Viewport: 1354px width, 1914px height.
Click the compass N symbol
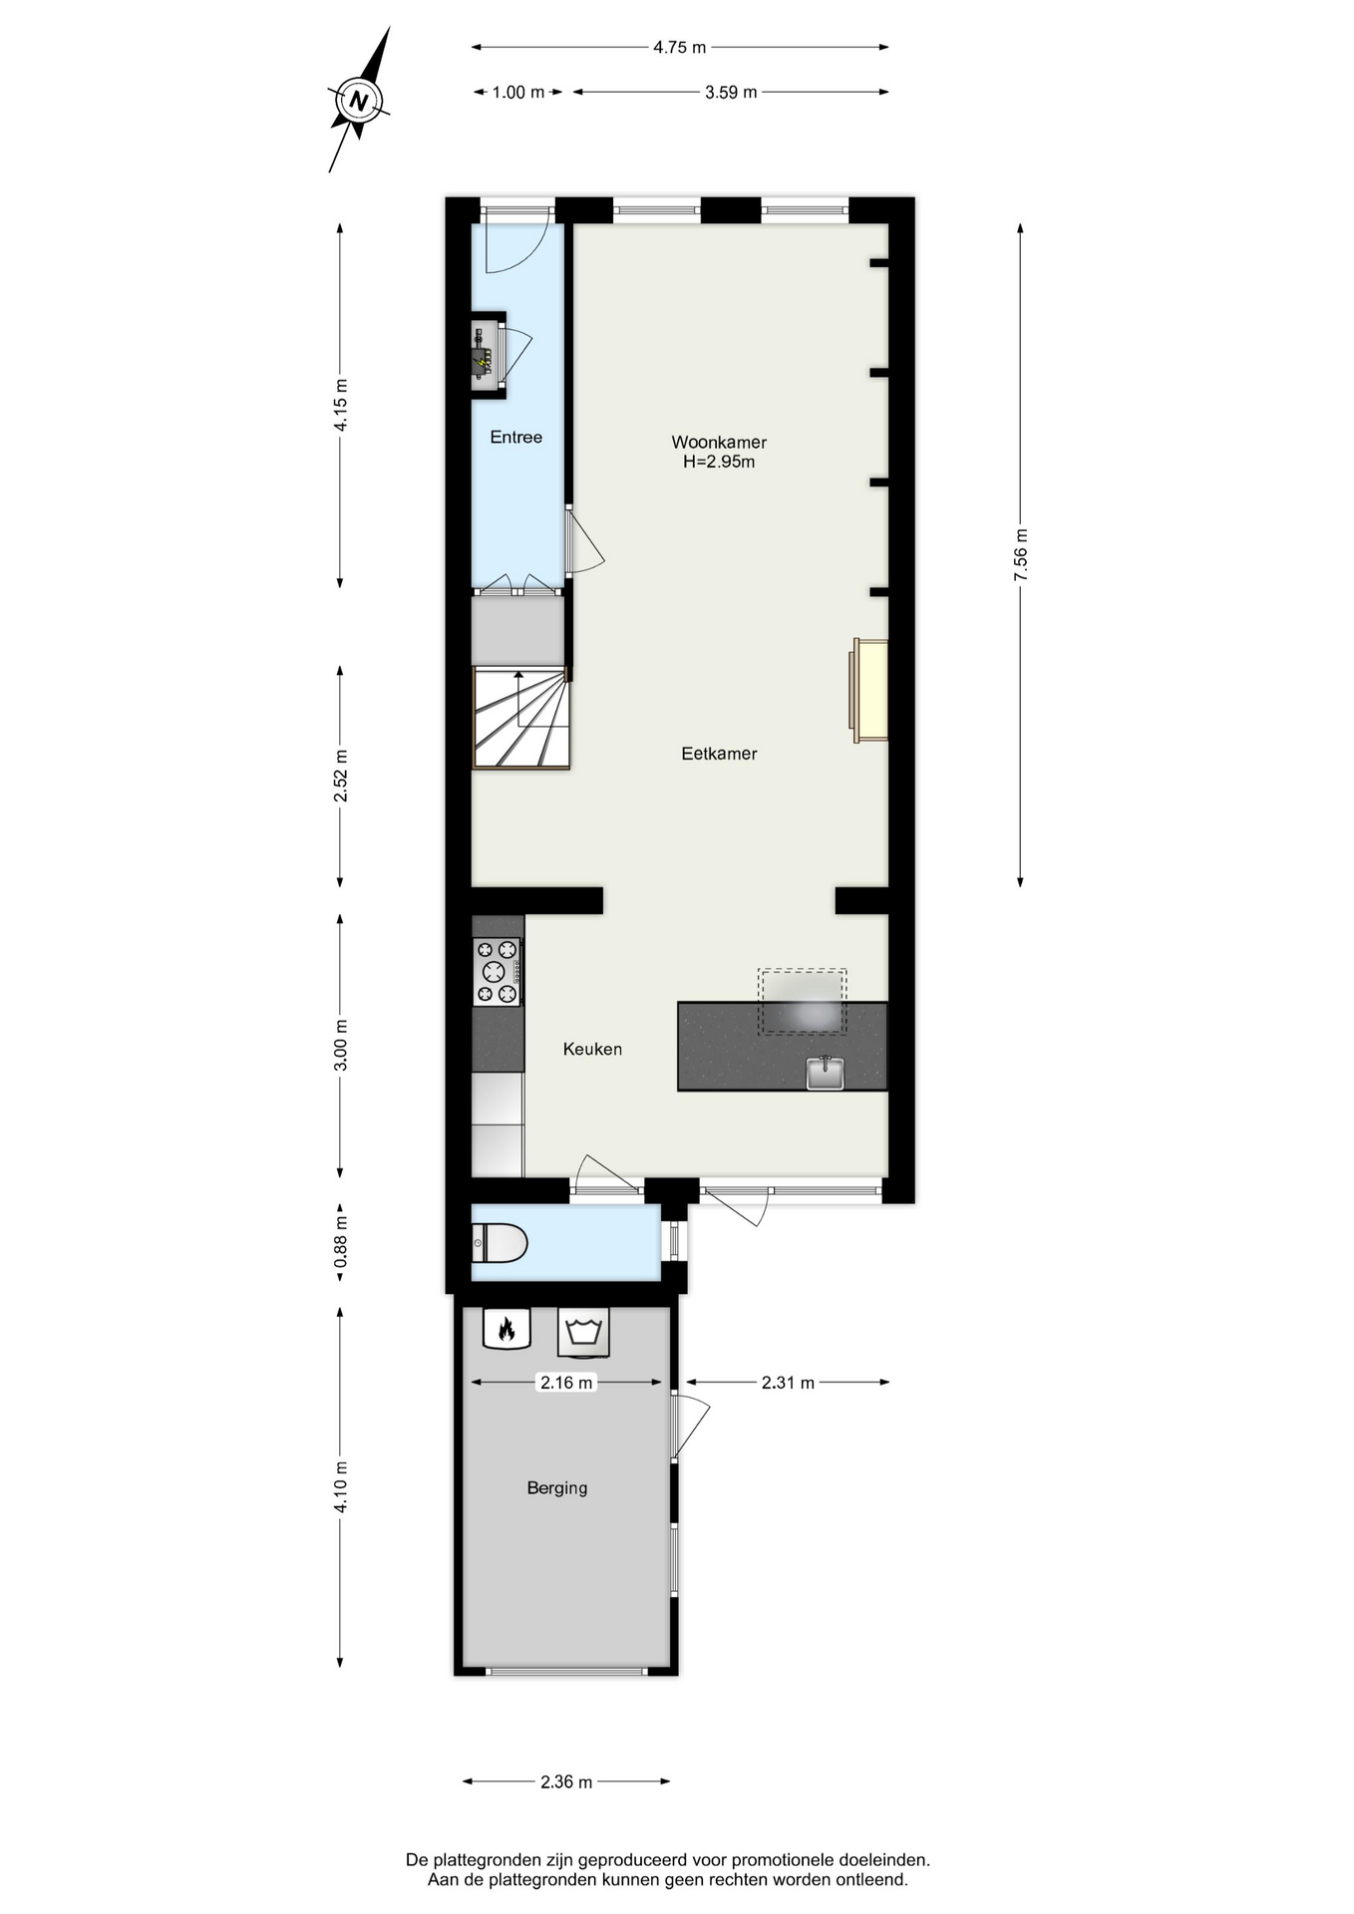pyautogui.click(x=359, y=101)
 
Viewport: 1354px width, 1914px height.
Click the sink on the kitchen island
pyautogui.click(x=825, y=1073)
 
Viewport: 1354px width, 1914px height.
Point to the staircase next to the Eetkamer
pyautogui.click(x=520, y=718)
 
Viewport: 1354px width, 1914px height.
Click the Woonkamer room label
pyautogui.click(x=719, y=442)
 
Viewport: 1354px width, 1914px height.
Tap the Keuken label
pyautogui.click(x=592, y=1049)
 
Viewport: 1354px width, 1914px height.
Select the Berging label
pyautogui.click(x=556, y=1487)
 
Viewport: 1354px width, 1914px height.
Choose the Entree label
pyautogui.click(x=515, y=437)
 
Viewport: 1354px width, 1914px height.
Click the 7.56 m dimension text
pyautogui.click(x=1020, y=555)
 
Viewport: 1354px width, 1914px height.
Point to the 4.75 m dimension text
pyautogui.click(x=679, y=47)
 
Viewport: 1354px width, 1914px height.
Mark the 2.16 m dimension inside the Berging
pyautogui.click(x=566, y=1382)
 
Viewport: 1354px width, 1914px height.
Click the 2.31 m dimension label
pyautogui.click(x=788, y=1382)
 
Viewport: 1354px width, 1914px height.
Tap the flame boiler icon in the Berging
pyautogui.click(x=507, y=1328)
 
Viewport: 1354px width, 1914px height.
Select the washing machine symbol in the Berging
pyautogui.click(x=583, y=1332)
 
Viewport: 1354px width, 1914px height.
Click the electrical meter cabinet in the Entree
pyautogui.click(x=488, y=354)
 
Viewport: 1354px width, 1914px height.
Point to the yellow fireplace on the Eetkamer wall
pyautogui.click(x=868, y=691)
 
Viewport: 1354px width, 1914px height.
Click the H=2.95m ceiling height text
pyautogui.click(x=719, y=462)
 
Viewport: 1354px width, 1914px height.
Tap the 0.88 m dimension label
pyautogui.click(x=340, y=1242)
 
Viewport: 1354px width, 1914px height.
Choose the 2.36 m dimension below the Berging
pyautogui.click(x=566, y=1781)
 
